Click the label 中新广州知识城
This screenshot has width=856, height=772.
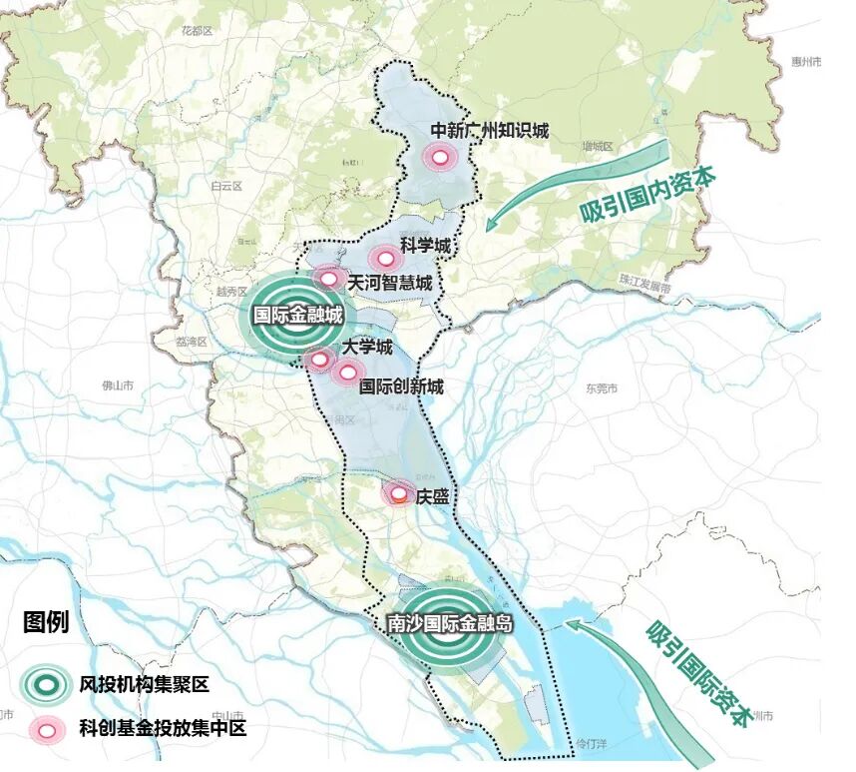click(x=489, y=130)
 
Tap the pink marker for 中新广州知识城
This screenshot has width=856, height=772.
click(x=439, y=157)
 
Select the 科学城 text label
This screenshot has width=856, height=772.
click(x=426, y=245)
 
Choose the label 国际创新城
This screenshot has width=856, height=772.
click(x=401, y=386)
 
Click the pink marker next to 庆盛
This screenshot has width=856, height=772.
click(x=398, y=492)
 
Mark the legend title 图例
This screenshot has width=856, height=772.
click(x=46, y=623)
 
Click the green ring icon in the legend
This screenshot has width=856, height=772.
click(x=46, y=684)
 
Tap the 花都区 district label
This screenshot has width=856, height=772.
click(x=198, y=32)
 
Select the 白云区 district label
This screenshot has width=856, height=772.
click(x=226, y=186)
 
